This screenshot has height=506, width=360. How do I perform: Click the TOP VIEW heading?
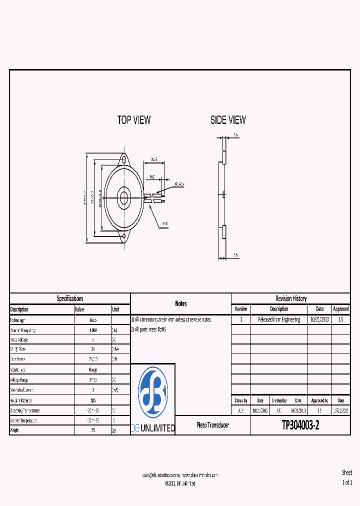click(133, 120)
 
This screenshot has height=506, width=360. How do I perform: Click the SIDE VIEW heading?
click(228, 120)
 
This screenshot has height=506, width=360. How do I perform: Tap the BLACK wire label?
click(179, 184)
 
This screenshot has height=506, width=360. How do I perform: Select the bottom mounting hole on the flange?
click(123, 234)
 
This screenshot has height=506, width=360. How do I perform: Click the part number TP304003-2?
click(300, 425)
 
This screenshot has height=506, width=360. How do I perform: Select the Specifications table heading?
click(70, 298)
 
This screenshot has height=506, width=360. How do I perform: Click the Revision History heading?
click(290, 298)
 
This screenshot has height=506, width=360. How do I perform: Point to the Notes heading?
click(180, 303)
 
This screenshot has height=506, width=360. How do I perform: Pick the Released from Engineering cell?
click(279, 319)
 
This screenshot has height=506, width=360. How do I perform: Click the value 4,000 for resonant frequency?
click(93, 330)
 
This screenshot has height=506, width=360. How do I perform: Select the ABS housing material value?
click(93, 400)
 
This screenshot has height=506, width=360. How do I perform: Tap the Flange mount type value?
click(93, 369)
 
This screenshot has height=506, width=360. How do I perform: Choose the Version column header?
click(240, 309)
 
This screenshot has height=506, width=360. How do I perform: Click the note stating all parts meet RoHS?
click(150, 329)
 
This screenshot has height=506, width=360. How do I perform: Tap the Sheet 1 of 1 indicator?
click(347, 477)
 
